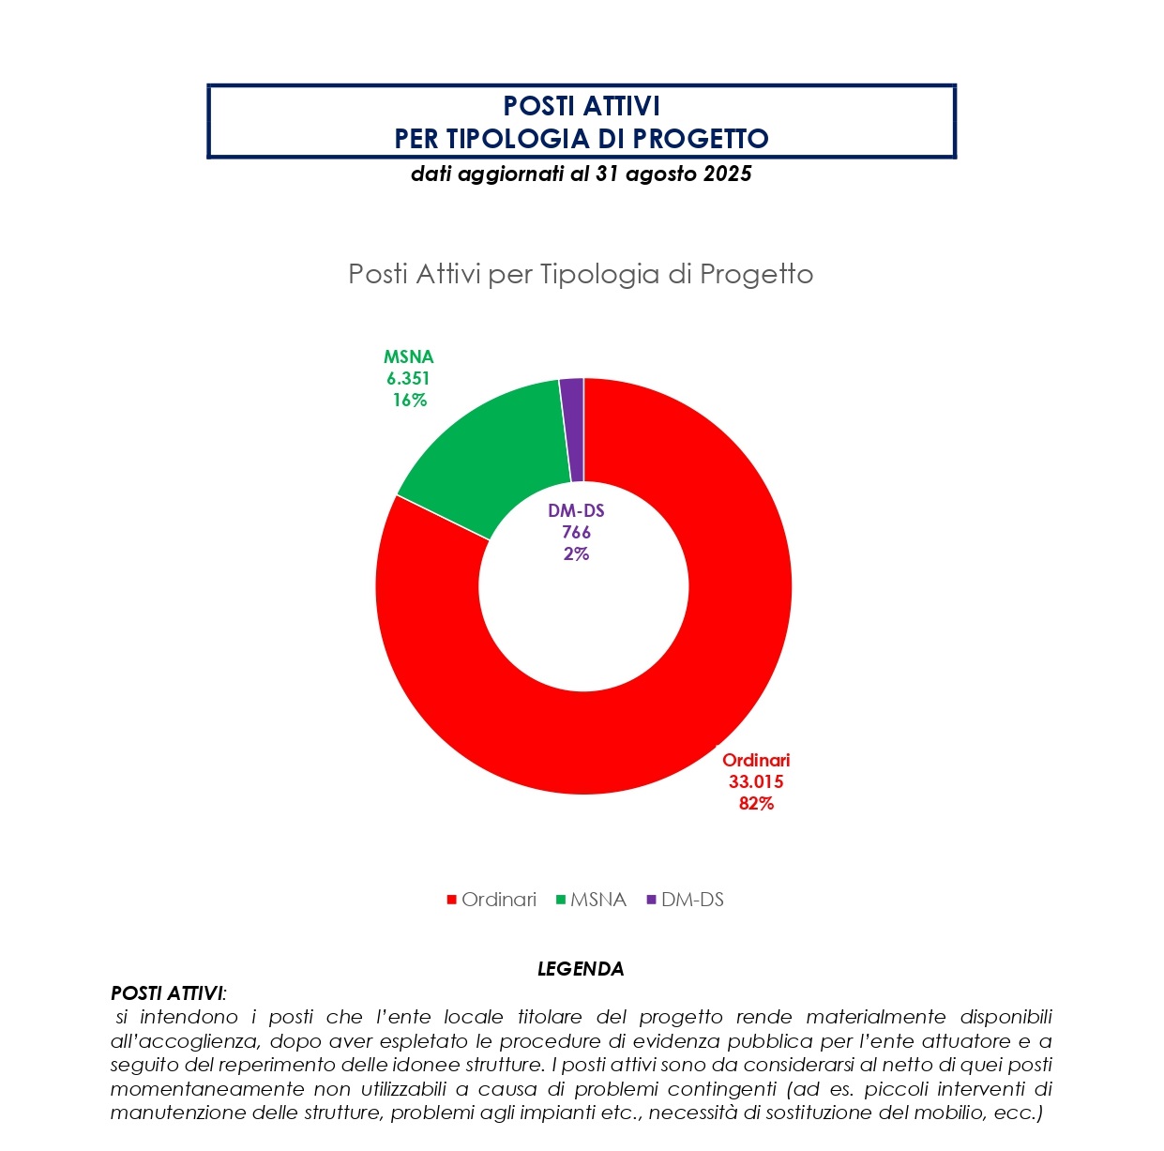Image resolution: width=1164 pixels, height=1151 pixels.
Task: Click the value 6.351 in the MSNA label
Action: pos(408,379)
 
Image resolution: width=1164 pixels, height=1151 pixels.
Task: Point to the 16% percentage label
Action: pos(410,401)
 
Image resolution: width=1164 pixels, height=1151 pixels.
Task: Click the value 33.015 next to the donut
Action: pos(756,782)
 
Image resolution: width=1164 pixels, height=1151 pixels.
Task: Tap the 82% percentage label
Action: pos(756,804)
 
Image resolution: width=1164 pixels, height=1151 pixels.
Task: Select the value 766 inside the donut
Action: pos(576,533)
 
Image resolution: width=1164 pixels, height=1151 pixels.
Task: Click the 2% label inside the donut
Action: pos(576,554)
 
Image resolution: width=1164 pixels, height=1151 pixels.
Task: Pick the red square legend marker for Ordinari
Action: pos(452,901)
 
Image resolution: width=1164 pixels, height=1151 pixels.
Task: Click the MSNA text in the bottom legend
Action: pos(597,900)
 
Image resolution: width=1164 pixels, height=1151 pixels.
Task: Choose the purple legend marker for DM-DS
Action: pos(652,901)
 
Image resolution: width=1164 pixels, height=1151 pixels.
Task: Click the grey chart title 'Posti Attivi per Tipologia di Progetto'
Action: pos(581,274)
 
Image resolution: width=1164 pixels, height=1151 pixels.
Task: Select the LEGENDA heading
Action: pos(581,969)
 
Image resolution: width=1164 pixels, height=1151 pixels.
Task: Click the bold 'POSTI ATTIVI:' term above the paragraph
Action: pos(169,993)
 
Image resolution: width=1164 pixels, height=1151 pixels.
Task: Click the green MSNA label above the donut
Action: pos(409,357)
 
